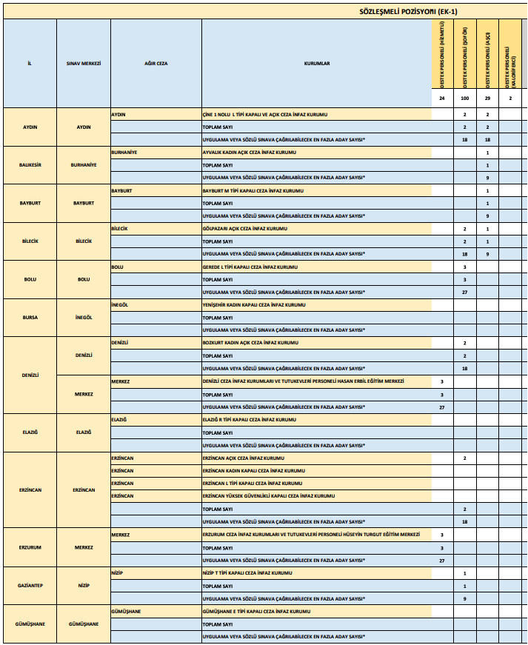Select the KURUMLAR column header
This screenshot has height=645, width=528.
click(316, 63)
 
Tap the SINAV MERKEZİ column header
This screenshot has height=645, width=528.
click(84, 63)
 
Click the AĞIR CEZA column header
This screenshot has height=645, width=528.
click(156, 63)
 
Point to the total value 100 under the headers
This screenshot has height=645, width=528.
click(465, 98)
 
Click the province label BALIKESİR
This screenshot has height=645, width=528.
click(30, 165)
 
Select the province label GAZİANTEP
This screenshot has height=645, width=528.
click(30, 585)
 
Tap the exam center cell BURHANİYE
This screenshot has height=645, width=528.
click(84, 165)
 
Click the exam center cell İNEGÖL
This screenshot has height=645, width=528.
click(84, 317)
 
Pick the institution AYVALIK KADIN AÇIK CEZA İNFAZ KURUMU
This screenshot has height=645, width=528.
click(249, 153)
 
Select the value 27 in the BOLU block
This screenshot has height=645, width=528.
click(465, 292)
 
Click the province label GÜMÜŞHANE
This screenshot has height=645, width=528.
click(30, 624)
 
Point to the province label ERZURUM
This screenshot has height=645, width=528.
click(30, 547)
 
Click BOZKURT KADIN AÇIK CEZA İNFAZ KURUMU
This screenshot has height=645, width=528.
click(250, 343)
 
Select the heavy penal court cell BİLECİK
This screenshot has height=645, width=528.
click(120, 228)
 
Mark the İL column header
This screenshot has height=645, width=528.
click(30, 63)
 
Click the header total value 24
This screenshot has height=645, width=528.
click(442, 98)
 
